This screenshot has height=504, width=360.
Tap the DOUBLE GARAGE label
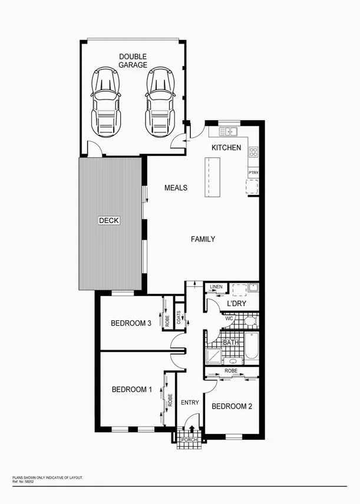[133, 61]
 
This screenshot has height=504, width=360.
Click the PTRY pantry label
[253, 173]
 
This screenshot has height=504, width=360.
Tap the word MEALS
[176, 188]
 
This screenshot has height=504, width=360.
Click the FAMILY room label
[203, 239]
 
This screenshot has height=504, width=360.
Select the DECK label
[109, 221]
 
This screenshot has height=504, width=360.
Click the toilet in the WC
[248, 321]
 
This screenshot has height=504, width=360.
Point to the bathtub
[252, 347]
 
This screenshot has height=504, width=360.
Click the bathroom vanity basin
[232, 361]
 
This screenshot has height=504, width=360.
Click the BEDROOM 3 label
[131, 323]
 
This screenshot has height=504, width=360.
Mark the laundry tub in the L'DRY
[252, 288]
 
